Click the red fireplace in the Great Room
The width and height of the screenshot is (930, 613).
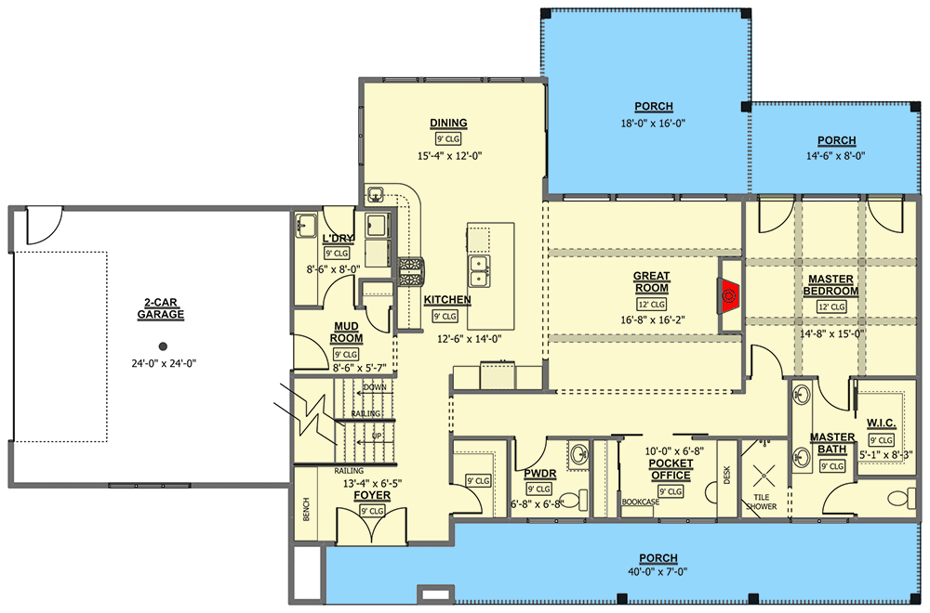(729, 296)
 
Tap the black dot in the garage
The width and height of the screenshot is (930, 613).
(163, 346)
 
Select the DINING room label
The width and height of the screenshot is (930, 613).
(448, 124)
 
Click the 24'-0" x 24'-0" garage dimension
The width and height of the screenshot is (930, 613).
(164, 363)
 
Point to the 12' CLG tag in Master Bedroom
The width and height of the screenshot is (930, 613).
(831, 306)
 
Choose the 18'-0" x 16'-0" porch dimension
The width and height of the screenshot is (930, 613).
(654, 124)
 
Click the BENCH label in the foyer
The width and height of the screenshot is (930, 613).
(306, 509)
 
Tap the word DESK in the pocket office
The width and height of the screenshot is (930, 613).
(727, 475)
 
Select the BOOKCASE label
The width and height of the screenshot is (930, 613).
(641, 502)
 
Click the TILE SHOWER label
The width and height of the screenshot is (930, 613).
(762, 502)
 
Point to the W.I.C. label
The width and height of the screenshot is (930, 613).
(882, 423)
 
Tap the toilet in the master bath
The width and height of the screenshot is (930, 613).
(903, 499)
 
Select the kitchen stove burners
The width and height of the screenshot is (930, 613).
(409, 272)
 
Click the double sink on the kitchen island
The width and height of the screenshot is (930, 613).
(479, 271)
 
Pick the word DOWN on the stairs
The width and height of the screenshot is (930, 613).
(375, 387)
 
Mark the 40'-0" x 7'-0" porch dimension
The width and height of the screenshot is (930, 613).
(658, 572)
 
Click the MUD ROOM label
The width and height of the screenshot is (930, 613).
(346, 333)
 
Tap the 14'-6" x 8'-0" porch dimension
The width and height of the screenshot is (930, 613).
(836, 156)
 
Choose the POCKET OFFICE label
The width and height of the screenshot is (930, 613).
(671, 469)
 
